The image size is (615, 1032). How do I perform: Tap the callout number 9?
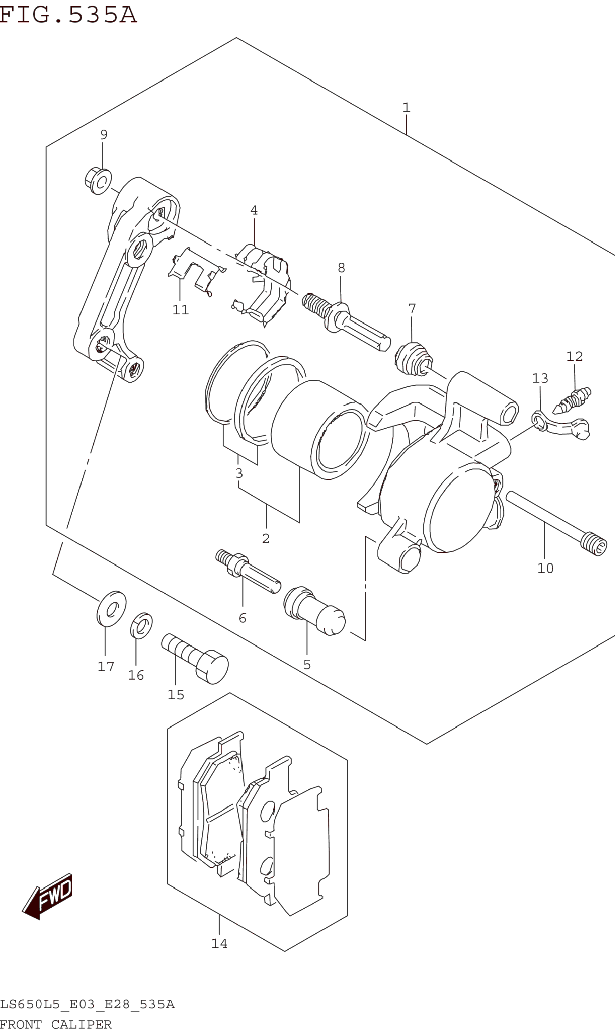104,135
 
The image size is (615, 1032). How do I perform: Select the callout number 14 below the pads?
219,943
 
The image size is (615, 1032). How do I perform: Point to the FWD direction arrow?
48,897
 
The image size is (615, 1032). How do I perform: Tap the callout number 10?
545,568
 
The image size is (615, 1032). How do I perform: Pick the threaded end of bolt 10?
594,544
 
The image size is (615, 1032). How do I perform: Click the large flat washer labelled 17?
111,609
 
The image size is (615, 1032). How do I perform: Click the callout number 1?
406,108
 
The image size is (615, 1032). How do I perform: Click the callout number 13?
540,378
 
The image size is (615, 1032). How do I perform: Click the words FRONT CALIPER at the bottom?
56,1025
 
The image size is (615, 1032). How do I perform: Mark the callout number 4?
254,210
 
